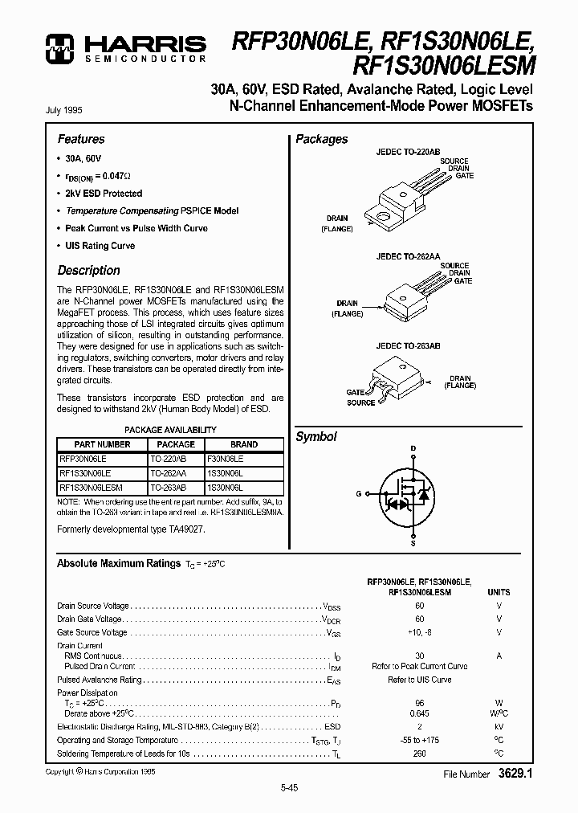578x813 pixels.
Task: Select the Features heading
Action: tap(81, 139)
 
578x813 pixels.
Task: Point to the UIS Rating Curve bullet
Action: tap(100, 246)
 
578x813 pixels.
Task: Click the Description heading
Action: tap(88, 271)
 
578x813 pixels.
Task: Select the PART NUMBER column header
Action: tap(102, 444)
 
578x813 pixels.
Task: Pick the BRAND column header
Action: tap(244, 444)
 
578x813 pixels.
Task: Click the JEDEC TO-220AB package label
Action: tap(407, 151)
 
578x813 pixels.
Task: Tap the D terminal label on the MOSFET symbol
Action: tap(413, 447)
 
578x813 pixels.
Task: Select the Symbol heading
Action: tap(316, 437)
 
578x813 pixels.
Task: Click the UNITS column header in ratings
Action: tap(499, 591)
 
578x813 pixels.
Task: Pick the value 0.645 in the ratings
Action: tap(419, 713)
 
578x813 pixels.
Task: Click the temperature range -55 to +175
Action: tap(419, 740)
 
